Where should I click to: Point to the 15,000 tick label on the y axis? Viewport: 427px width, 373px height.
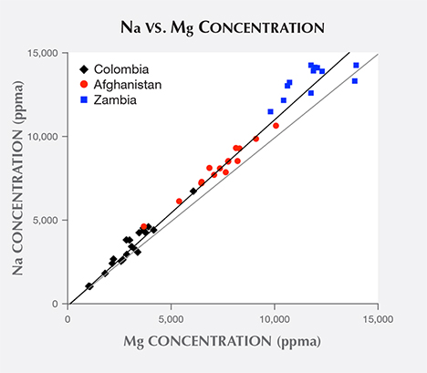[x=46, y=53]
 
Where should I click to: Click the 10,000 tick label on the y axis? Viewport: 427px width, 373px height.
[x=46, y=137]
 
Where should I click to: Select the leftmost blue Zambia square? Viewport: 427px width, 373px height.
[x=270, y=111]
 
